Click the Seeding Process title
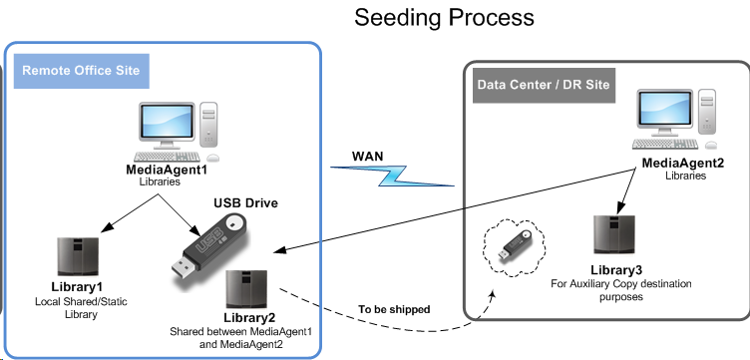pos(444,18)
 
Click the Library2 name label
pos(249,318)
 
